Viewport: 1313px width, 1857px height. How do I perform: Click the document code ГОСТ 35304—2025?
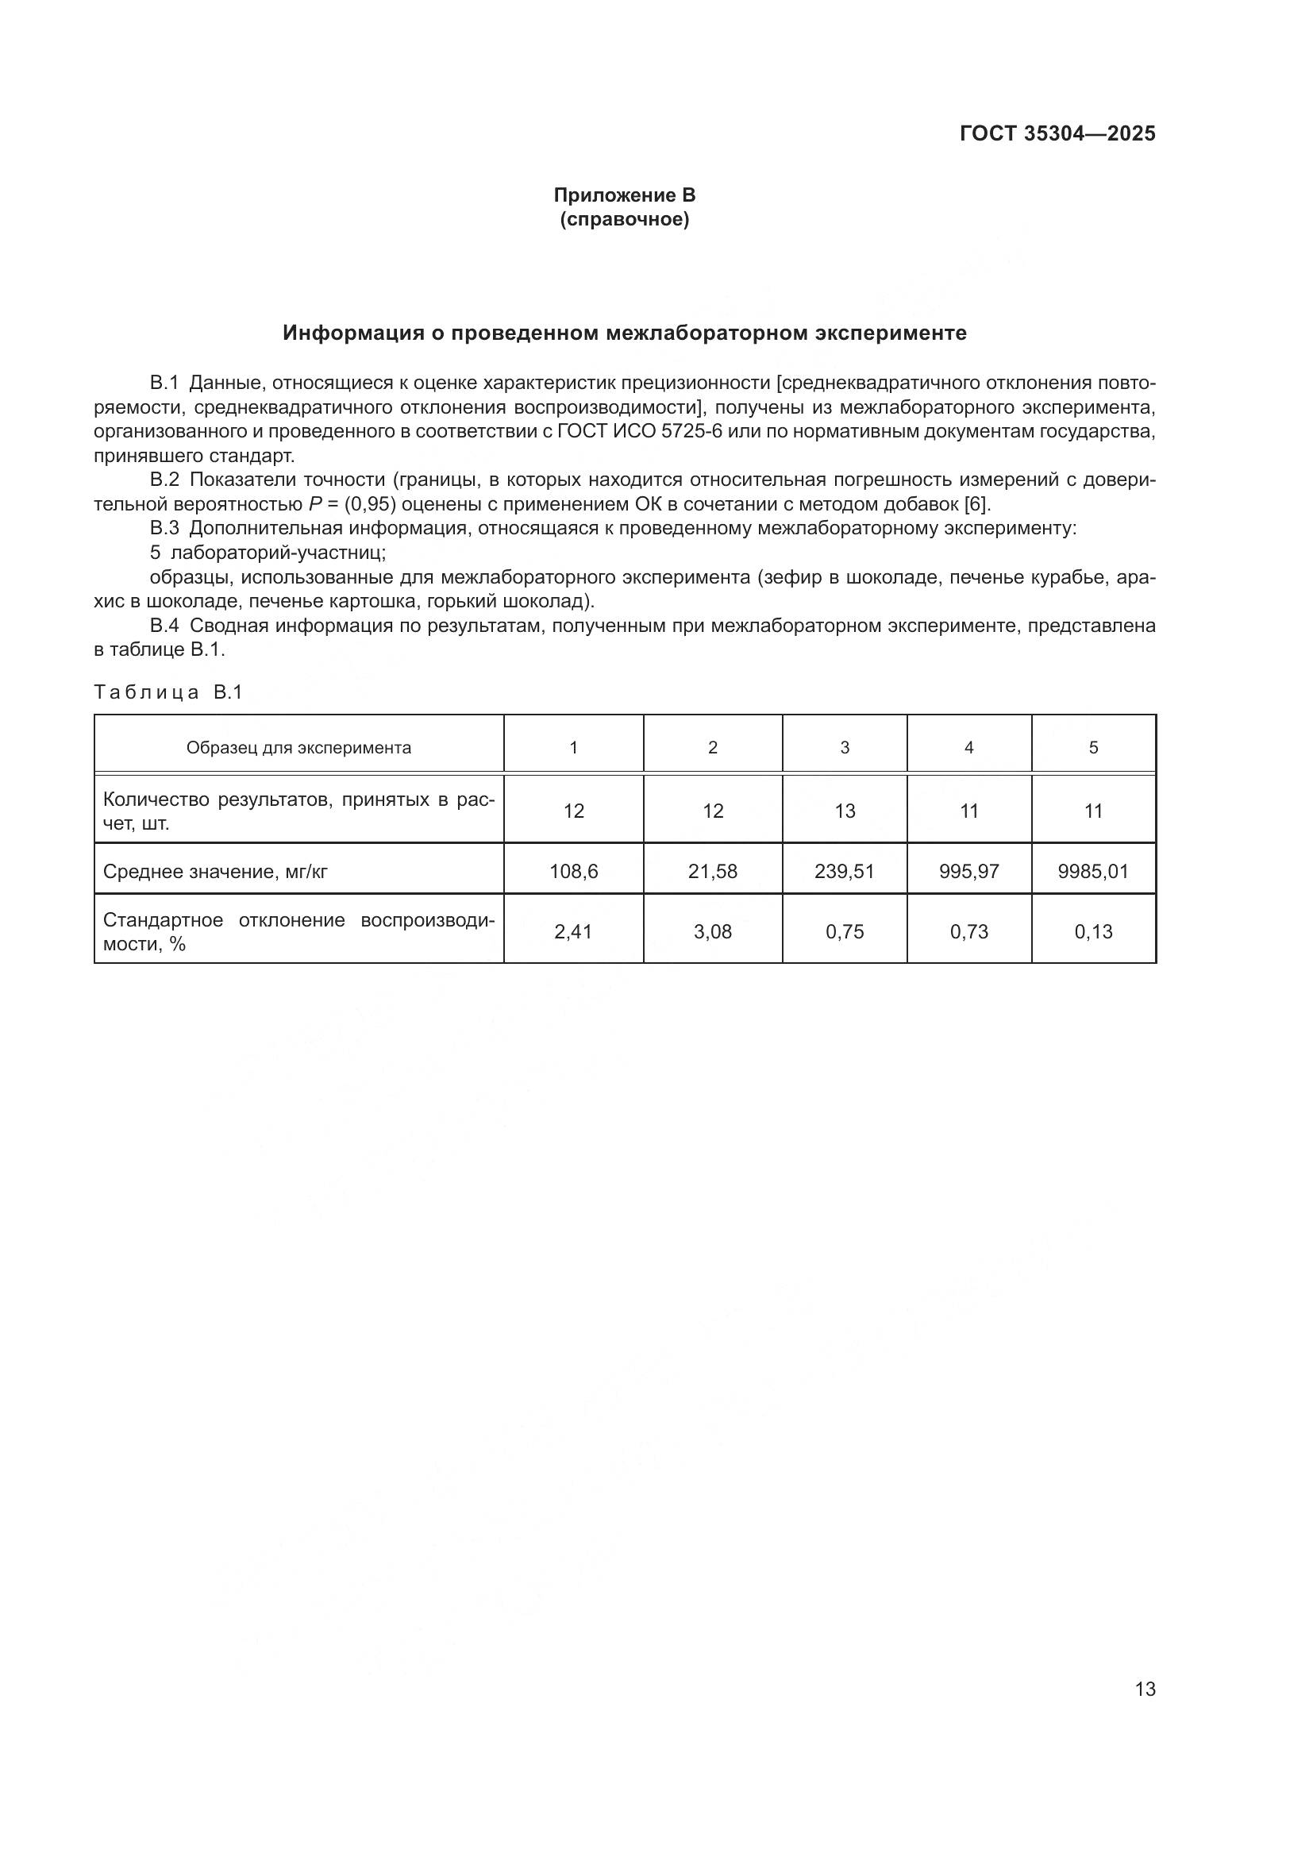click(1057, 134)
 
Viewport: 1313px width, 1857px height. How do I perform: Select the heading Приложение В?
click(624, 196)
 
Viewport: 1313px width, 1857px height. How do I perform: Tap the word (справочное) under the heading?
click(624, 220)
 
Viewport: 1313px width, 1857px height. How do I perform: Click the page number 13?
click(1145, 1689)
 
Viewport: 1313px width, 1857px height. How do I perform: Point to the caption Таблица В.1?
click(168, 692)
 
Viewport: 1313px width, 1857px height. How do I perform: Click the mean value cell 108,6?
click(573, 871)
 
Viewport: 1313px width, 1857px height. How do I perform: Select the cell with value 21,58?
click(712, 871)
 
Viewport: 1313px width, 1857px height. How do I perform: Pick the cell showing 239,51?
click(844, 871)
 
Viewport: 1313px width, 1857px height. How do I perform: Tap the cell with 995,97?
click(968, 871)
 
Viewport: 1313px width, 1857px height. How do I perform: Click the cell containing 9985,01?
click(1093, 871)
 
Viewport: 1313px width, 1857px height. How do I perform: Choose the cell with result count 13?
click(844, 811)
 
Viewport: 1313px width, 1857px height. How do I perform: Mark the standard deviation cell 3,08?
click(712, 932)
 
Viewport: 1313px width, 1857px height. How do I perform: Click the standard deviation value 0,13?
click(1093, 932)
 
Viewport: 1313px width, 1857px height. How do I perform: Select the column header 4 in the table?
click(968, 747)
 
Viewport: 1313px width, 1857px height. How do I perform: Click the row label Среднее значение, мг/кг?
click(215, 872)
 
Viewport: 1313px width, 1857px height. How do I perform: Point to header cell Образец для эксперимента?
click(298, 747)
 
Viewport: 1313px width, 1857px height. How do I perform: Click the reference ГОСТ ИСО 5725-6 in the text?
click(640, 431)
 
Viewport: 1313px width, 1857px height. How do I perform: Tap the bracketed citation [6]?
click(976, 504)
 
